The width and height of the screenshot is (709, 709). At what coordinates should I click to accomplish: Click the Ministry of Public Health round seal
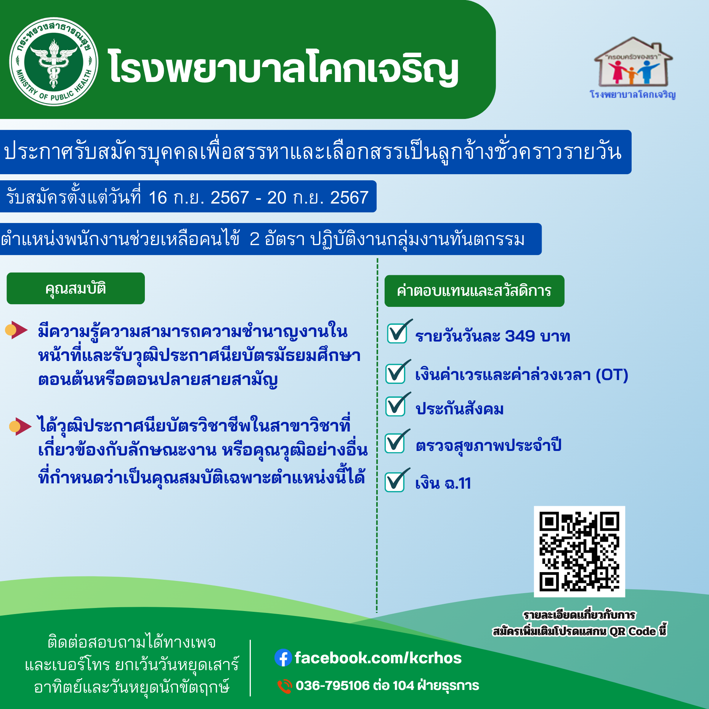pyautogui.click(x=54, y=62)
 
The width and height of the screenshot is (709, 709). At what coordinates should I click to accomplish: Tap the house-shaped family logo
pyautogui.click(x=633, y=62)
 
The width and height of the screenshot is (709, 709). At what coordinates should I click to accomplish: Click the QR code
pyautogui.click(x=579, y=552)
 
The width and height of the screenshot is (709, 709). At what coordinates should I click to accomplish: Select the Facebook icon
pyautogui.click(x=283, y=658)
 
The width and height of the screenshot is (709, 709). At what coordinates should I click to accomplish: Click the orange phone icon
pyautogui.click(x=284, y=686)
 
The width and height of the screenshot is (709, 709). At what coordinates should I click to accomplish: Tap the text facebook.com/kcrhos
pyautogui.click(x=378, y=658)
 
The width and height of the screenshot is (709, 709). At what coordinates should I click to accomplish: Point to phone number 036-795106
pyautogui.click(x=333, y=685)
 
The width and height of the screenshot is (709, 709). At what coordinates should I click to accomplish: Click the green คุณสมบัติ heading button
pyautogui.click(x=76, y=288)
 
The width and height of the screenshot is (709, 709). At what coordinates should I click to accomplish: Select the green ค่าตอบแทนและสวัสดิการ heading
pyautogui.click(x=475, y=291)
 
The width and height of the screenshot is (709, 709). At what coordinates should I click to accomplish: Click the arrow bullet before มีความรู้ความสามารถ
pyautogui.click(x=16, y=330)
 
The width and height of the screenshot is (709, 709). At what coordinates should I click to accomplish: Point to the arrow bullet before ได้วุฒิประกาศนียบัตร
pyautogui.click(x=20, y=426)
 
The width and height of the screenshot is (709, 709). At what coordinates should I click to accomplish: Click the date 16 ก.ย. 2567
pyautogui.click(x=198, y=198)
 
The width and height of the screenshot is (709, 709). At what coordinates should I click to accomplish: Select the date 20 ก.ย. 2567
pyautogui.click(x=318, y=198)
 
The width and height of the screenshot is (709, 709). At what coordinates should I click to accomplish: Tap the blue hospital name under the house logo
pyautogui.click(x=633, y=94)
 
